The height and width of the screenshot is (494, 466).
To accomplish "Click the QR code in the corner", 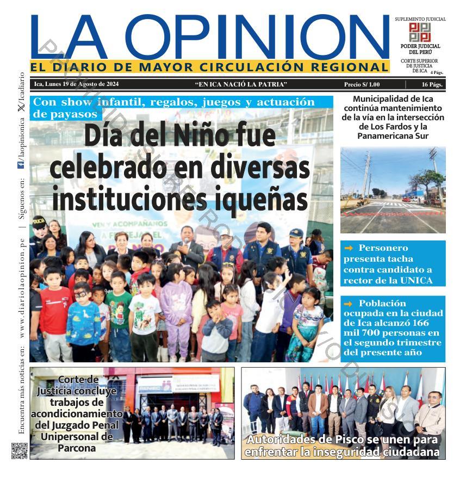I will (20, 451).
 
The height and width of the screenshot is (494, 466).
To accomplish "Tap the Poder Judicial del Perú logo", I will (420, 32).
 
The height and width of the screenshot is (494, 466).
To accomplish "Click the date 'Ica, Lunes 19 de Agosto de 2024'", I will (76, 84).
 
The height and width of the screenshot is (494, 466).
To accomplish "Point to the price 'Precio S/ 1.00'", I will (362, 84).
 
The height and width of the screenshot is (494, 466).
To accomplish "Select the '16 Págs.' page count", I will (432, 84).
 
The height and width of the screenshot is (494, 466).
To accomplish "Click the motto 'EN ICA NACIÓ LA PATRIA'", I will (240, 84).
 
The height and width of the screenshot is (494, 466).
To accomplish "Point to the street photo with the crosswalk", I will (393, 190).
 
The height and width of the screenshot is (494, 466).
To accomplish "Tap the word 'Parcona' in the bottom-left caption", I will (77, 448).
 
